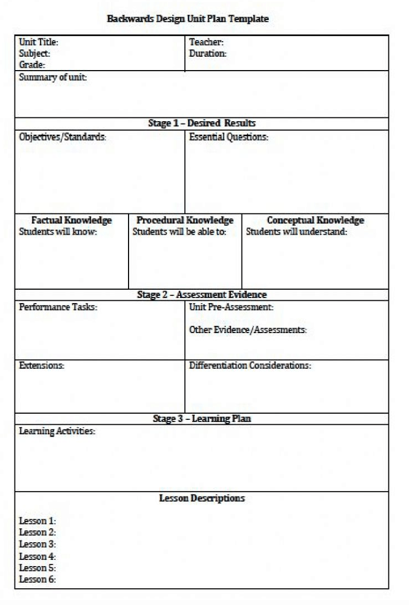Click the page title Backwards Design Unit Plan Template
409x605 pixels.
[x=188, y=19]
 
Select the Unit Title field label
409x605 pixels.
[x=38, y=42]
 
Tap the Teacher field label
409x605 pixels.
[x=206, y=42]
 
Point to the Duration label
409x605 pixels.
[x=208, y=54]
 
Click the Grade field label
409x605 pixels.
[x=32, y=65]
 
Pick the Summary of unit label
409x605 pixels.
[x=53, y=78]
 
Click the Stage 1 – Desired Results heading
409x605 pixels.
[x=201, y=123]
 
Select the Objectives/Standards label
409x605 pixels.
[x=62, y=137]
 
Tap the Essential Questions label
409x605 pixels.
[x=228, y=137]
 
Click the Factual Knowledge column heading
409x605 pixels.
[x=71, y=220]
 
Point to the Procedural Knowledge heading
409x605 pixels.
[x=185, y=220]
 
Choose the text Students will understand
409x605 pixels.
[x=297, y=232]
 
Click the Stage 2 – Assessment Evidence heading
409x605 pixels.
[x=201, y=295]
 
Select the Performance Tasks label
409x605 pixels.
[x=58, y=307]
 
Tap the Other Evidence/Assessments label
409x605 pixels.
[x=248, y=330]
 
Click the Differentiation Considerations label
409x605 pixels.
[x=250, y=366]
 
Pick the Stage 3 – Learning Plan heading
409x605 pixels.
[x=201, y=419]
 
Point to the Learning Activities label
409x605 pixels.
[x=57, y=431]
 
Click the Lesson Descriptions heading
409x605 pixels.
[x=201, y=498]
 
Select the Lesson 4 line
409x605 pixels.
[x=37, y=556]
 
